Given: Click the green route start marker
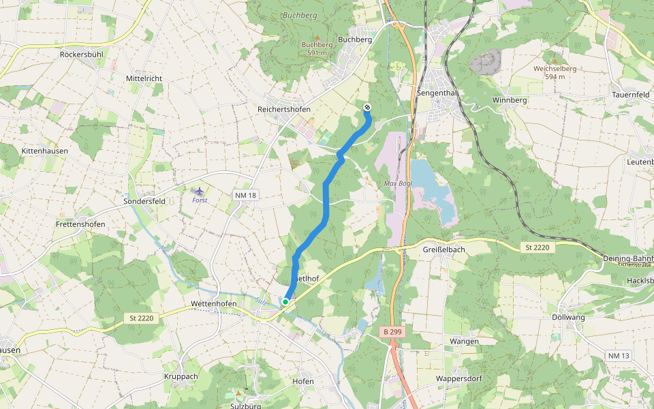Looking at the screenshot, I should (285, 301).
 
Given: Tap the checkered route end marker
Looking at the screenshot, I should (367, 107).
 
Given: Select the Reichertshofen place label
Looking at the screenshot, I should (284, 109).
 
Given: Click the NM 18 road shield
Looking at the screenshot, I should (245, 196).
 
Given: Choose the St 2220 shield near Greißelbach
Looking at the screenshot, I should (537, 247).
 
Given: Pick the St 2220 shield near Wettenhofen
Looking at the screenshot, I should (143, 318).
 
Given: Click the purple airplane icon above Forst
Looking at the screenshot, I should (199, 192).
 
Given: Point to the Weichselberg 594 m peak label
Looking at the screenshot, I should (555, 72).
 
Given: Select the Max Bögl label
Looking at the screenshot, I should (399, 184).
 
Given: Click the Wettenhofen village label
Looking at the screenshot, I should (214, 303).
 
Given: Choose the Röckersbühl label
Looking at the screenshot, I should (82, 54).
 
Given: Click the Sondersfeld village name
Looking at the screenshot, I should (144, 202).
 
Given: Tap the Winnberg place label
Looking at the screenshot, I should (510, 100).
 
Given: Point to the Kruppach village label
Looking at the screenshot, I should (181, 376).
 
